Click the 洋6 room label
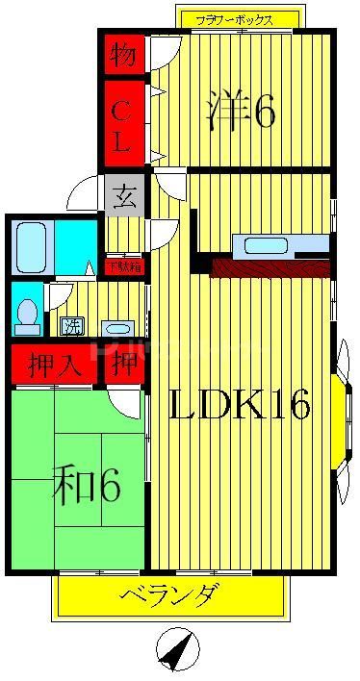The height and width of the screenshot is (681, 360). [x=242, y=112]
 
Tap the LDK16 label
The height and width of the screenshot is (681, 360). [x=241, y=407]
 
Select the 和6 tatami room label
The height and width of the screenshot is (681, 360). [x=86, y=487]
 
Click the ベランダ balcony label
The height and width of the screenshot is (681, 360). [x=168, y=596]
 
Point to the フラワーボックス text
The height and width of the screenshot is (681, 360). [x=234, y=19]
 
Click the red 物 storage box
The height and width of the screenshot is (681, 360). [x=123, y=54]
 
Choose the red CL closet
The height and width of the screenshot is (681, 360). [x=123, y=126]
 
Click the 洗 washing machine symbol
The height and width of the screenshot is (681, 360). [x=72, y=325]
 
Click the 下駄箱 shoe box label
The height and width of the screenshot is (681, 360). [x=123, y=266]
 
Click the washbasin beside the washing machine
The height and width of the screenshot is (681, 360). [x=117, y=326]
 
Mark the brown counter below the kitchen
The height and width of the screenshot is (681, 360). [x=270, y=268]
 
